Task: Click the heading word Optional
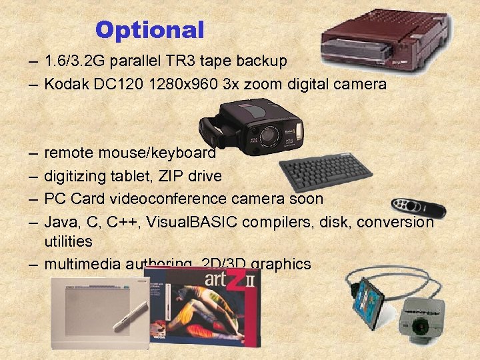[149, 29]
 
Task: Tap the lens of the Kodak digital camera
[269, 135]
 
